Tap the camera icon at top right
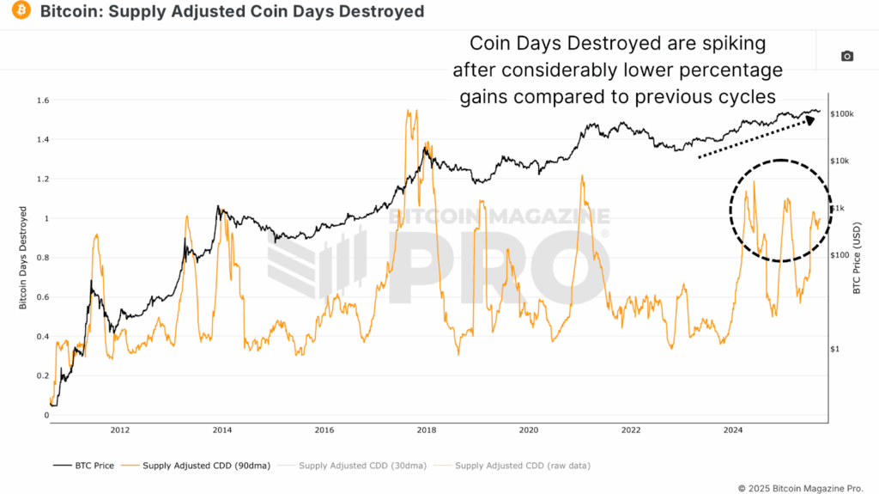[846, 56]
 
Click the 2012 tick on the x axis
[120, 430]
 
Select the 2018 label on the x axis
[427, 430]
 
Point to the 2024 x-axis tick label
[733, 430]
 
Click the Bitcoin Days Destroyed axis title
[24, 258]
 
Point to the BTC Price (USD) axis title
[856, 258]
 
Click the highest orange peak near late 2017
[407, 111]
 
